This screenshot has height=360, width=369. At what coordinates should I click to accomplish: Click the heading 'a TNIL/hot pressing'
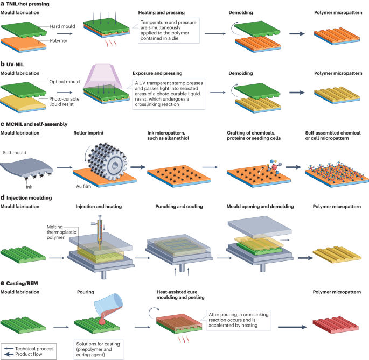(x=26, y=3)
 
